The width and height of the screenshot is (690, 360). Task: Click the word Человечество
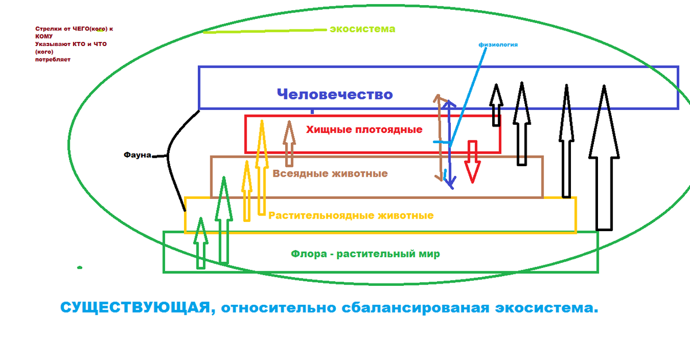pos(335,94)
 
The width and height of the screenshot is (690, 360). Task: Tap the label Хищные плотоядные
pos(365,130)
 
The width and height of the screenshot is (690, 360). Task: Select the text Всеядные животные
pos(329,174)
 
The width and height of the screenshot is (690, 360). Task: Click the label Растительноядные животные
pos(351,216)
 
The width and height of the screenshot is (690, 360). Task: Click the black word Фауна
pos(137,155)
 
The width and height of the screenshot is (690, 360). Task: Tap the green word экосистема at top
pos(362,29)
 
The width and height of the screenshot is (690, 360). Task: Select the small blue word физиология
pos(498,44)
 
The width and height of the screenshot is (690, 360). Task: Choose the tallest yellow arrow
pos(262,167)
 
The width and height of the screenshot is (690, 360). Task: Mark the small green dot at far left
pos(79,267)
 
